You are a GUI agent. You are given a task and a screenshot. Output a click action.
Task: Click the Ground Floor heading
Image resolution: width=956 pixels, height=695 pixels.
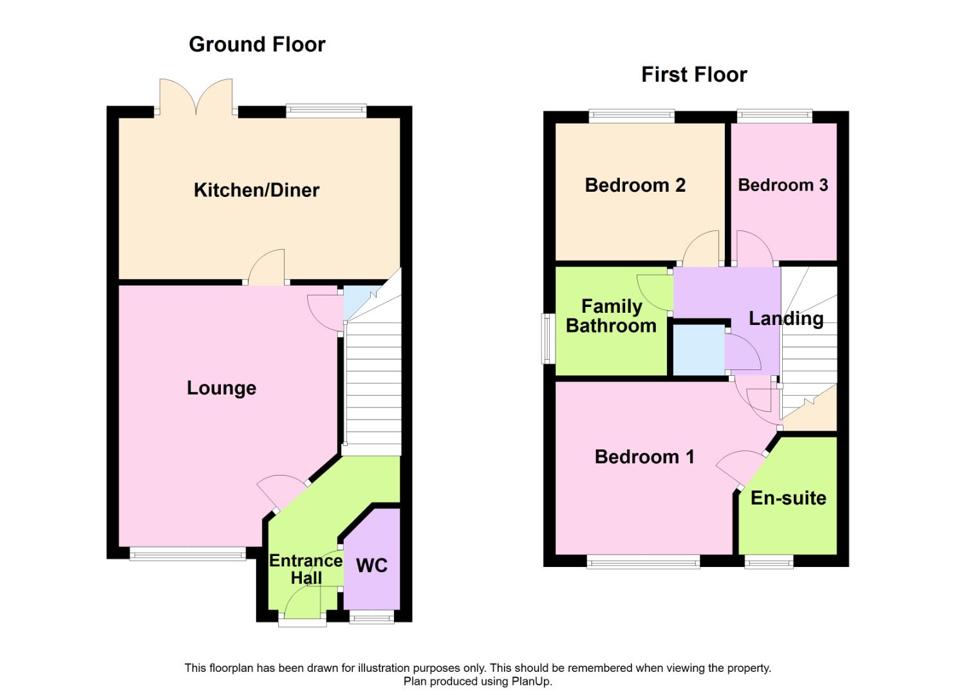[257, 44]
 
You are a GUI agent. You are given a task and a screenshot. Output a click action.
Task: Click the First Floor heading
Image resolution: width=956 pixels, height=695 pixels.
[694, 75]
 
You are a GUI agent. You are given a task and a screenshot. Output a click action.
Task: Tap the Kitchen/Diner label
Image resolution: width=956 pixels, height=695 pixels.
[256, 190]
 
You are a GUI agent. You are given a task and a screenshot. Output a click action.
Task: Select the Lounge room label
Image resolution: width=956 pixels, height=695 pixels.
[221, 388]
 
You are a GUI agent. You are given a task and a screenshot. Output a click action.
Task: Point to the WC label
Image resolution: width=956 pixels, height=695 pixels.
[371, 566]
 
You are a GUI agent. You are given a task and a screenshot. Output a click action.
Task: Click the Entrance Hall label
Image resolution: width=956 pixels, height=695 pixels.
[305, 569]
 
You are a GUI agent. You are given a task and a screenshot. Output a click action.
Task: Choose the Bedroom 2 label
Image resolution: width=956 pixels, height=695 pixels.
[635, 185]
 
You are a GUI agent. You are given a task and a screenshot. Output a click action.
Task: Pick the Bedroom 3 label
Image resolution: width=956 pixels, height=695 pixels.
[783, 185]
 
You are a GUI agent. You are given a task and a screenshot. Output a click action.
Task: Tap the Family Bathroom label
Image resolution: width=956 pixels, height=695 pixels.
[611, 316]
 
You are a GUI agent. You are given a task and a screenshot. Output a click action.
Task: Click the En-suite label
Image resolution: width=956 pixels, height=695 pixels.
[788, 498]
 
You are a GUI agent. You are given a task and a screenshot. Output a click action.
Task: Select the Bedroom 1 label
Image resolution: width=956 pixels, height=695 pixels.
[644, 457]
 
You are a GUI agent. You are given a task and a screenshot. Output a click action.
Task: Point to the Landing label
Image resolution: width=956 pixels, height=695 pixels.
[786, 319]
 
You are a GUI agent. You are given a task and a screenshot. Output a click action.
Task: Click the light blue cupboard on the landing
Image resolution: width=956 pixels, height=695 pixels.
[698, 349]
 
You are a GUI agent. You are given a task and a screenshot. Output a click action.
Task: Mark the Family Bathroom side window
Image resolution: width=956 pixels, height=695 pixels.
[548, 338]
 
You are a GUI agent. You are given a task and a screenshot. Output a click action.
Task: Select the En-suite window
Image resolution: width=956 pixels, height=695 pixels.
[769, 562]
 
